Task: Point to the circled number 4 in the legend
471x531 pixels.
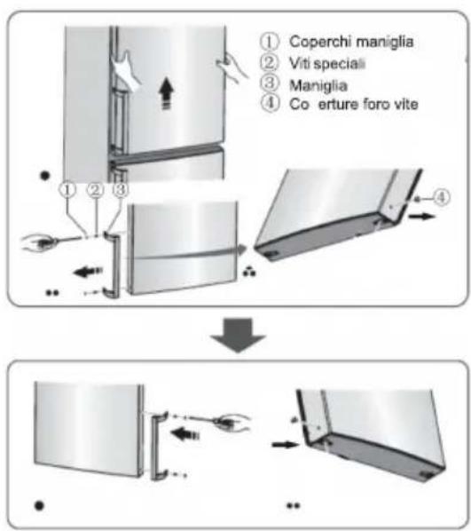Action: tap(266, 108)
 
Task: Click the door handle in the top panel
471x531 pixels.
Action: tap(109, 263)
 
